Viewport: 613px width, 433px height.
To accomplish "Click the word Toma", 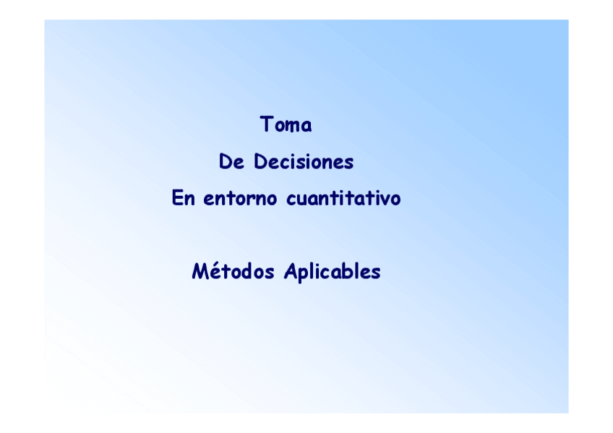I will pyautogui.click(x=286, y=125).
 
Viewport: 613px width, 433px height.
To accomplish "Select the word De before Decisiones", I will pyautogui.click(x=232, y=162).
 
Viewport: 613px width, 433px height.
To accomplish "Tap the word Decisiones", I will pyautogui.click(x=304, y=162).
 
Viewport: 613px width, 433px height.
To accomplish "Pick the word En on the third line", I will pyautogui.click(x=184, y=198).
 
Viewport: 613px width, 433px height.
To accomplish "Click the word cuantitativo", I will pyautogui.click(x=343, y=198).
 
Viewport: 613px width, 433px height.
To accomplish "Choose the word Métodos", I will pyautogui.click(x=233, y=272).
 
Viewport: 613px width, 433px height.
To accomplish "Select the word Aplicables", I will pyautogui.click(x=333, y=273).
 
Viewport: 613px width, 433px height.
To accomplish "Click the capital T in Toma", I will pyautogui.click(x=266, y=124).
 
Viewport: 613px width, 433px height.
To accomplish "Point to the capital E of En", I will pyautogui.click(x=178, y=198).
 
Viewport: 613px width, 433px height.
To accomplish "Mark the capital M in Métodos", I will pyautogui.click(x=200, y=272).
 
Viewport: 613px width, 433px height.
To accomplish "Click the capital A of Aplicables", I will pyautogui.click(x=291, y=272).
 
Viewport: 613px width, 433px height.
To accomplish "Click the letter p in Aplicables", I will pyautogui.click(x=303, y=275).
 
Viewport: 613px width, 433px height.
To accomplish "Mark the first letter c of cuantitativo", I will pyautogui.click(x=291, y=200).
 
